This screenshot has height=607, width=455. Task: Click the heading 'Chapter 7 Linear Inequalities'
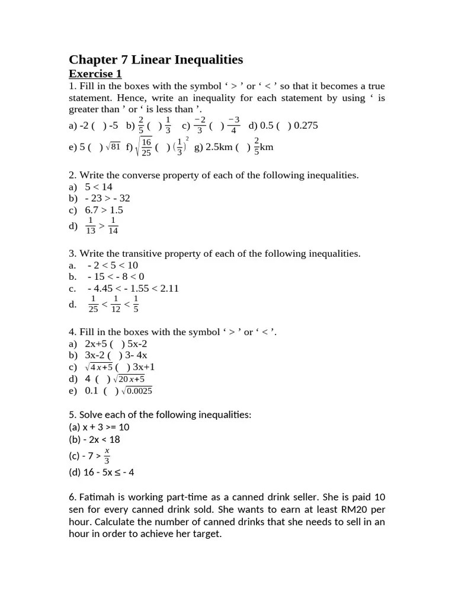tap(156, 59)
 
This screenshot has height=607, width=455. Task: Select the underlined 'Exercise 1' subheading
tap(95, 74)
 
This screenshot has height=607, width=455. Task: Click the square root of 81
tap(113, 148)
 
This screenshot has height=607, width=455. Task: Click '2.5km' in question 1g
tap(218, 148)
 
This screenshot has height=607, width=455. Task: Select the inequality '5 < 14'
tap(99, 187)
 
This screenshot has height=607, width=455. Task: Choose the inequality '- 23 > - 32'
tap(107, 198)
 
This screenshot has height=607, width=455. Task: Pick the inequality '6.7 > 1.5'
tap(104, 210)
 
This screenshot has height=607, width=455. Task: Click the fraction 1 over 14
tap(113, 226)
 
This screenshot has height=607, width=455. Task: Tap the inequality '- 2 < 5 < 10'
tap(113, 265)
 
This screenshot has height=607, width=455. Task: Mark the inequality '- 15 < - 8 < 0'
tap(116, 277)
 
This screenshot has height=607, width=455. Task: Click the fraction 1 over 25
tap(94, 304)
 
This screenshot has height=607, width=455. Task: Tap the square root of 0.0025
tap(136, 391)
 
